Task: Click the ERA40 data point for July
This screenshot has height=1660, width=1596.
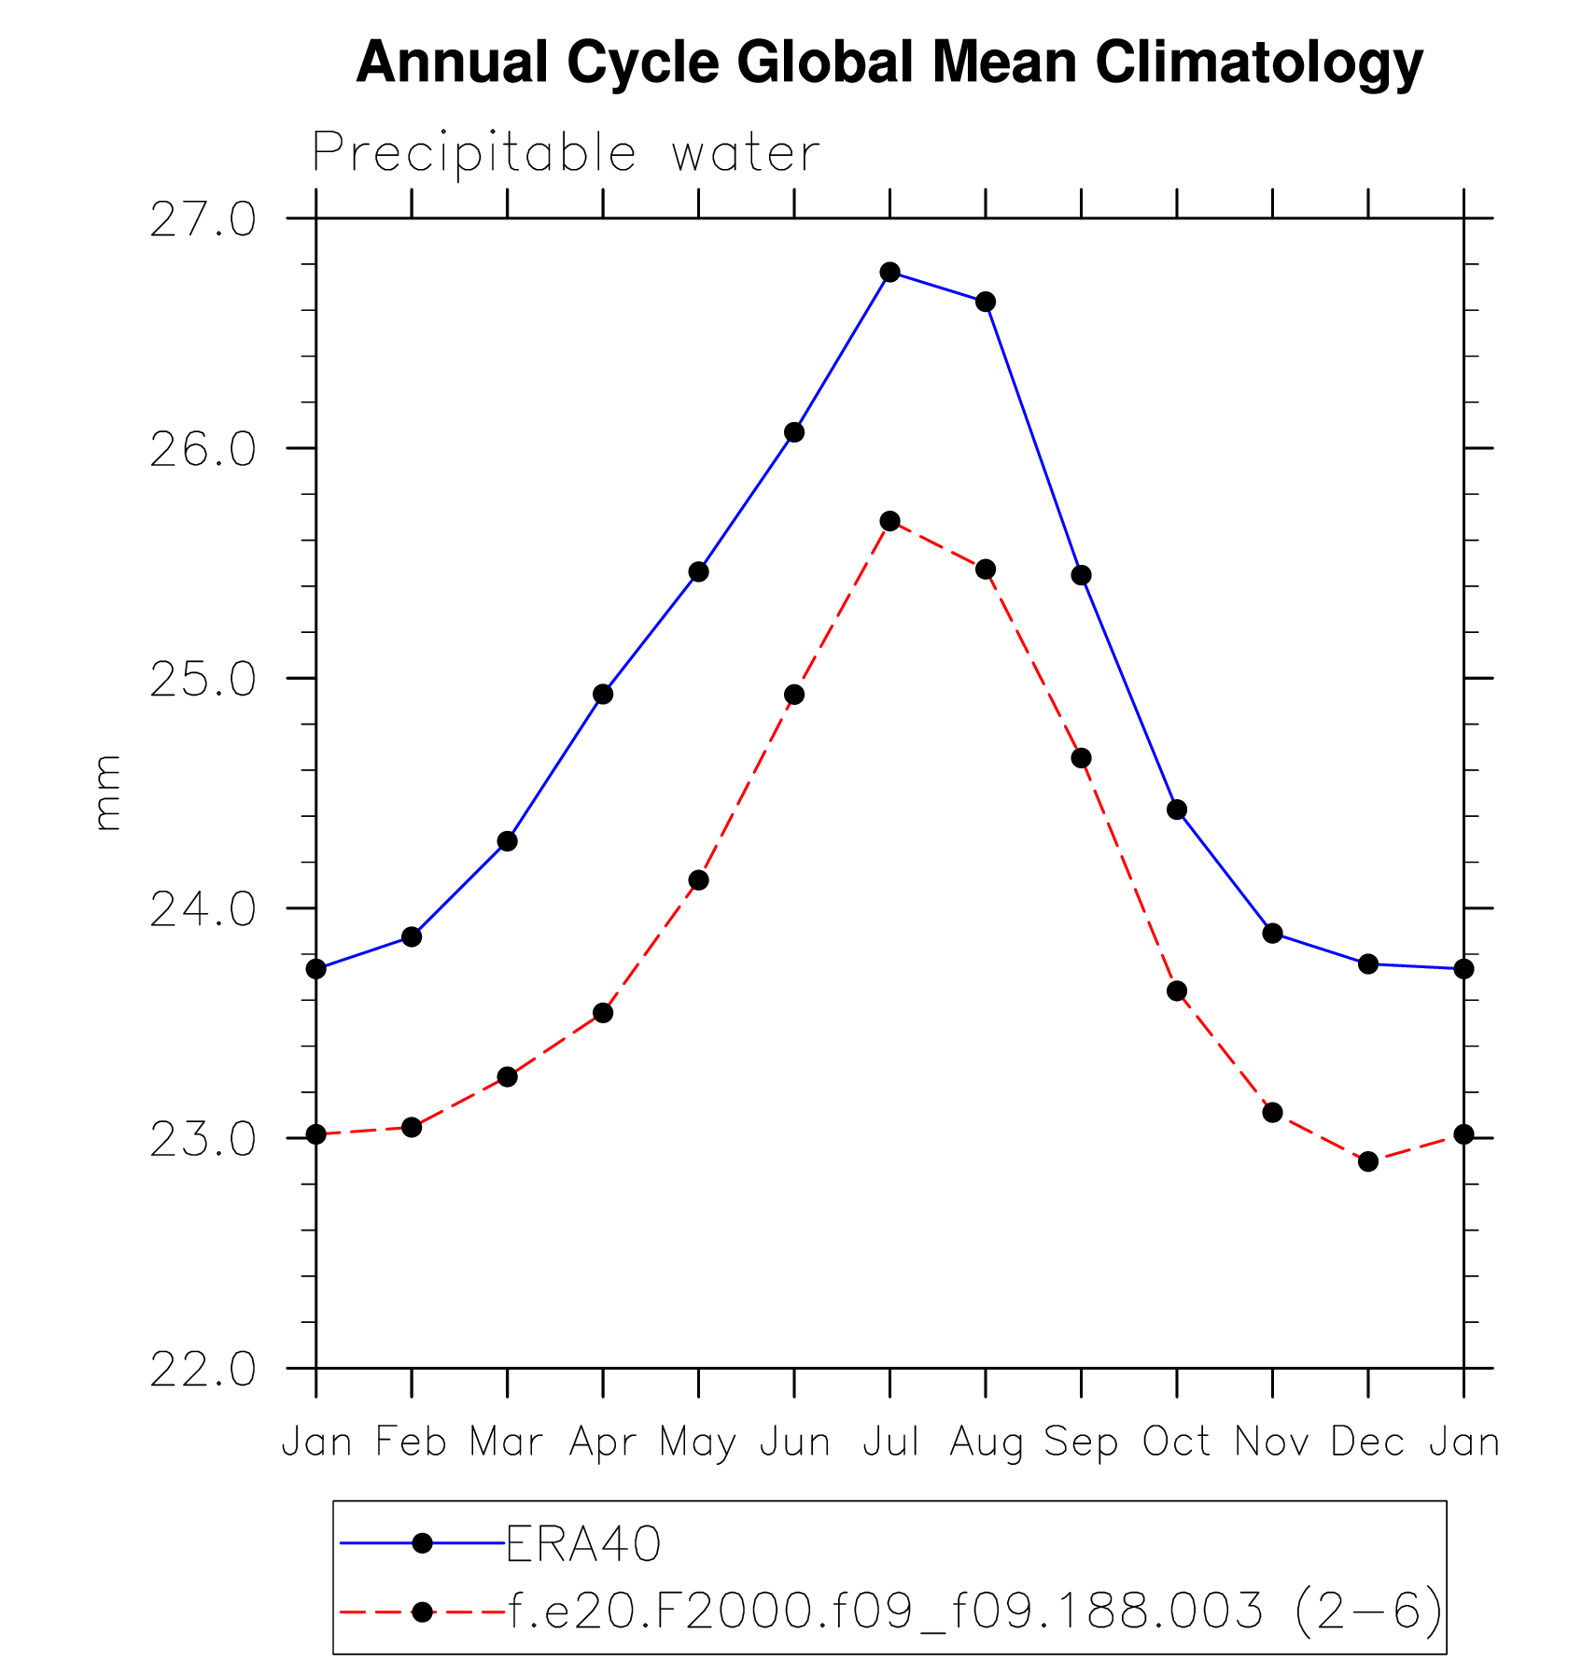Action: coord(889,273)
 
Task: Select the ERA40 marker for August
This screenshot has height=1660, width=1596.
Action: coord(986,302)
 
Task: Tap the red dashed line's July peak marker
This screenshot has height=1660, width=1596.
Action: coord(889,521)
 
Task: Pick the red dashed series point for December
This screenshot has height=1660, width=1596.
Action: coord(1368,1161)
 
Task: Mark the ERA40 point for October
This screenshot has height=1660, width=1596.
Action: coord(1177,809)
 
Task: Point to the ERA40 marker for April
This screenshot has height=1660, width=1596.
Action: coord(603,695)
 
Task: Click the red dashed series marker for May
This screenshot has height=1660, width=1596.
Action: coord(698,880)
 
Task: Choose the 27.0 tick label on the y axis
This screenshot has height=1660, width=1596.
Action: coord(203,219)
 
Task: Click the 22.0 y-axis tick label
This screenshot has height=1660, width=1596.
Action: coord(203,1370)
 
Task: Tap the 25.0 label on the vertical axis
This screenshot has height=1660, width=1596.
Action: coord(203,679)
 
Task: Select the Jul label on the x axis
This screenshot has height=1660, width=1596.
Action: coord(890,1442)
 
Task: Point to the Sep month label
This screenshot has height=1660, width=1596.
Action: coord(1081,1442)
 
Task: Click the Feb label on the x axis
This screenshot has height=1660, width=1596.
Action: coord(412,1442)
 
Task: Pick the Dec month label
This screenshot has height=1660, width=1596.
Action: coord(1368,1442)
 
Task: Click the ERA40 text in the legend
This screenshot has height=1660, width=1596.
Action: coord(583,1544)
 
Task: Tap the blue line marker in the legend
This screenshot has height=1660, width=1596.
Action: coord(422,1543)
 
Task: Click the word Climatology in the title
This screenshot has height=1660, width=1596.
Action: coord(1259,63)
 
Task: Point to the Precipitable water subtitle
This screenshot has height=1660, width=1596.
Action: coord(566,153)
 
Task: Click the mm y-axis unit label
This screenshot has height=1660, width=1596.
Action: coord(108,793)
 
